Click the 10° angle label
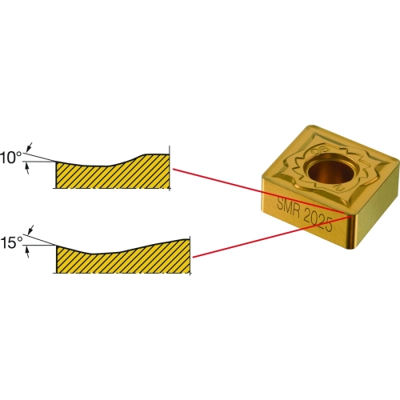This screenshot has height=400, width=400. pos(10,158)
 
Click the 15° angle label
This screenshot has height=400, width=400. pos(11,243)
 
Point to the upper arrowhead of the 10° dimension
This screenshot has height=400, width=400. pos(30,146)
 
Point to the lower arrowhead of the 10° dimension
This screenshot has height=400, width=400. pos(27,168)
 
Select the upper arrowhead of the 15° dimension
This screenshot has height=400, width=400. pos(31,229)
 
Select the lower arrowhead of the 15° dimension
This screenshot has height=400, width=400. pos(27,252)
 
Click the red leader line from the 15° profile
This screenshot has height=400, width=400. pos(271,237)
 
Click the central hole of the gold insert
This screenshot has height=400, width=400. pos(330,170)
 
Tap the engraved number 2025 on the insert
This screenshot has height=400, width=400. pos(319,222)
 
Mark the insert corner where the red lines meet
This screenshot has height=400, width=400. pos(350,214)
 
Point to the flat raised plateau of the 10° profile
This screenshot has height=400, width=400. pos(157,154)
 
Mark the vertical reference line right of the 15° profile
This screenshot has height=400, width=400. pos(190,255)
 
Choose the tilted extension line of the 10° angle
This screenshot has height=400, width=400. pos(40,157)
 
